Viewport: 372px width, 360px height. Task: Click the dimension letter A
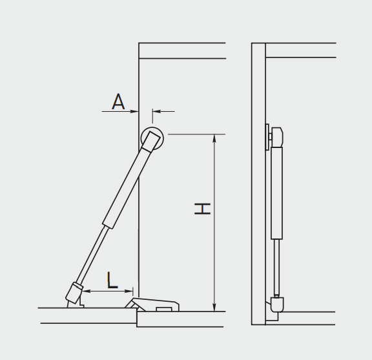coord(118,101)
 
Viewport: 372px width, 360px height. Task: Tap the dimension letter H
coord(202,209)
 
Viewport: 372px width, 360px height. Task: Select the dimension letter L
coord(112,281)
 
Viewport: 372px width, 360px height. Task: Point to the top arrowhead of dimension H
coord(214,138)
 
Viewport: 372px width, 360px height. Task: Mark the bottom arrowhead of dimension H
coord(214,307)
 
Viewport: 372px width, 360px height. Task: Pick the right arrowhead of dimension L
coord(129,291)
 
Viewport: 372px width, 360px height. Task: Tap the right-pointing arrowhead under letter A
coord(134,111)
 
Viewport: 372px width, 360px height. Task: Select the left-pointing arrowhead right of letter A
coord(157,111)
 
